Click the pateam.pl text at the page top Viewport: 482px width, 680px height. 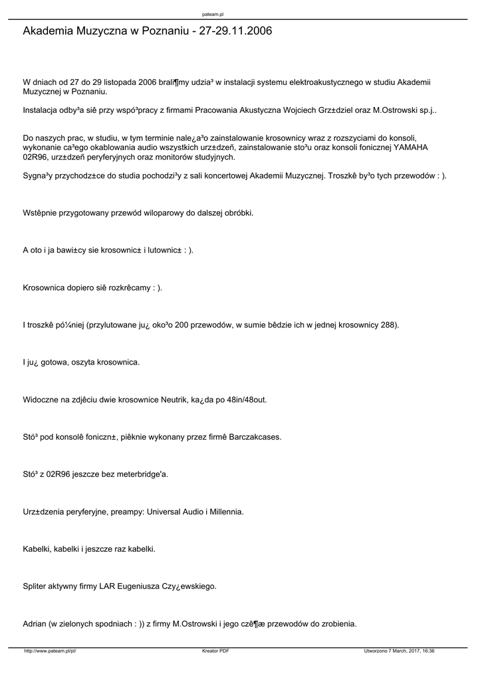tap(213, 14)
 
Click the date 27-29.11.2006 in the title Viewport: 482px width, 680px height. tap(233, 31)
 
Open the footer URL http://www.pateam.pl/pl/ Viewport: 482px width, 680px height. tap(51, 651)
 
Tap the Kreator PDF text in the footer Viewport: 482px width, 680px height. tap(215, 651)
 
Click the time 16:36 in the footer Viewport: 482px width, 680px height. tap(427, 651)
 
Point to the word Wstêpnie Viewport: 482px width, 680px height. tap(43, 214)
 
